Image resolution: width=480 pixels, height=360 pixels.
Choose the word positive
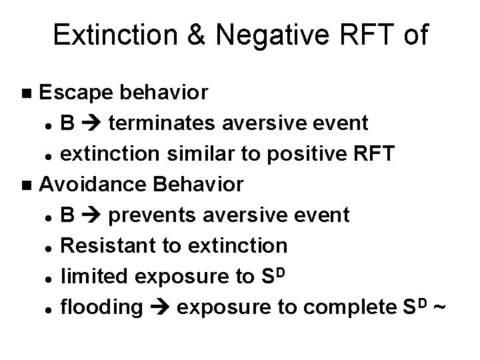283,154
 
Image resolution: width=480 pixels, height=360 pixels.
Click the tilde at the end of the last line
438,307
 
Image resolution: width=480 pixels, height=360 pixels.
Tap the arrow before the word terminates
92,123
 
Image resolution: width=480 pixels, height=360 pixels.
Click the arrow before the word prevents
92,215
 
